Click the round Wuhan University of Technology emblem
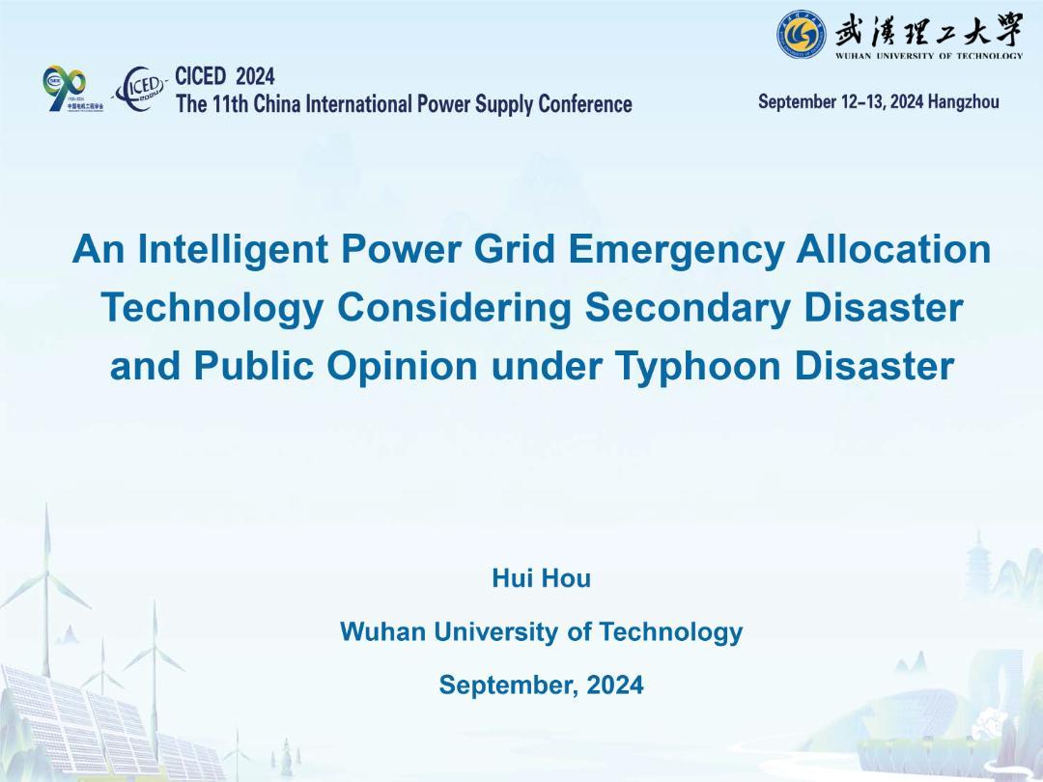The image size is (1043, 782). (x=802, y=33)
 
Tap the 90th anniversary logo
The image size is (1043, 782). (x=71, y=89)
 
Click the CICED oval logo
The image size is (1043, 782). (x=140, y=89)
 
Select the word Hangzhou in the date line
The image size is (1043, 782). (x=963, y=101)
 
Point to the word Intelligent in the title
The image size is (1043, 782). (x=233, y=249)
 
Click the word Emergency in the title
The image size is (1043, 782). (x=676, y=249)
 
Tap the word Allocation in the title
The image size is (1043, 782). (x=893, y=249)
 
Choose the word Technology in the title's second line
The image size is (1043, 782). (x=212, y=308)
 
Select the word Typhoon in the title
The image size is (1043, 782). (x=698, y=367)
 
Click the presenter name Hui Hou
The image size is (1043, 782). (x=542, y=578)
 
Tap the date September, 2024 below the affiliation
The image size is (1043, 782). (x=542, y=684)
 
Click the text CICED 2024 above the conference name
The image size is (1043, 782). (x=225, y=76)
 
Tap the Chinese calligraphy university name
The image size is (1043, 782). (x=929, y=28)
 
